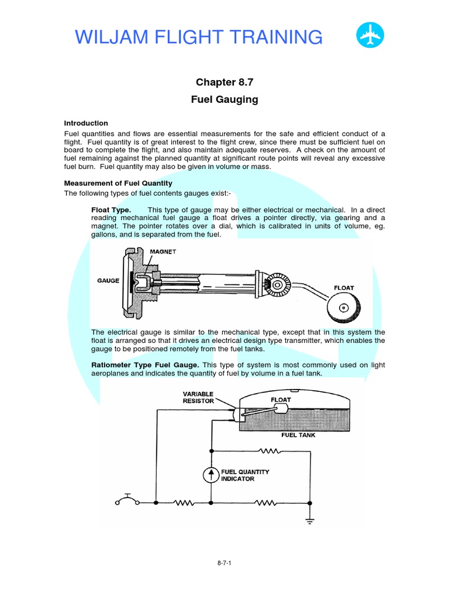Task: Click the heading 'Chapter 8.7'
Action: coord(224,82)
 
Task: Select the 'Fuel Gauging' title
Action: coord(224,100)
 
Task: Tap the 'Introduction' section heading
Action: coord(86,123)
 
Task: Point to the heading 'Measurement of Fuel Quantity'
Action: coord(118,183)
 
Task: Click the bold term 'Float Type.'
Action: coord(111,210)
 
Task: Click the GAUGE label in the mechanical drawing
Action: coord(108,281)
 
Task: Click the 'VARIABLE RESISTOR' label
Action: coord(198,397)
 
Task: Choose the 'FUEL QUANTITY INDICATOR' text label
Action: coord(246,475)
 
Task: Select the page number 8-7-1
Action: coord(224,564)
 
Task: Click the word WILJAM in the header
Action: coord(113,37)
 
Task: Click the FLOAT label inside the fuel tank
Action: coord(280,401)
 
